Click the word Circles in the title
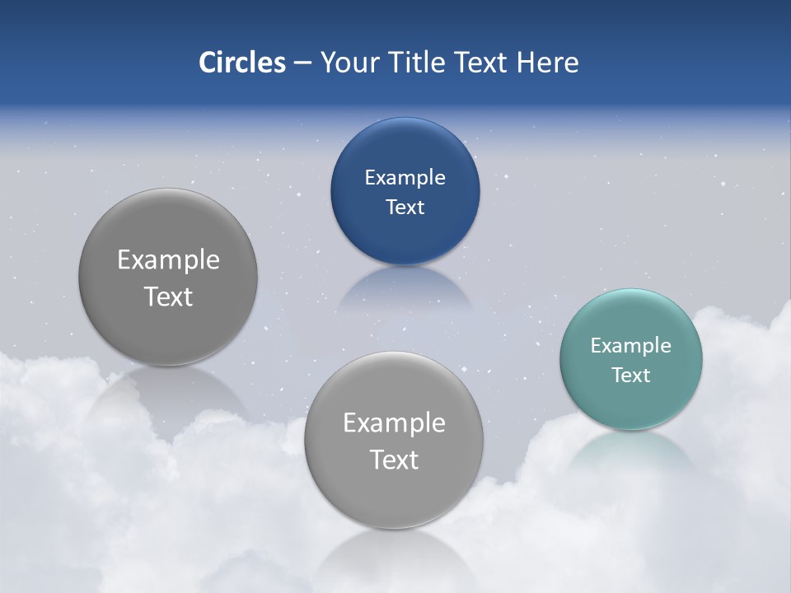(241, 63)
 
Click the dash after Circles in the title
(302, 63)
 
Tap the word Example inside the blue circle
(405, 177)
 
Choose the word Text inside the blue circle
(405, 207)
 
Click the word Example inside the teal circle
(630, 345)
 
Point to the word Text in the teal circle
(630, 375)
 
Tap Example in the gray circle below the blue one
(394, 423)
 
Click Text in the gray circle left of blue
(168, 296)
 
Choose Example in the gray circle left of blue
(168, 259)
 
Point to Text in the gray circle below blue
(394, 460)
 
